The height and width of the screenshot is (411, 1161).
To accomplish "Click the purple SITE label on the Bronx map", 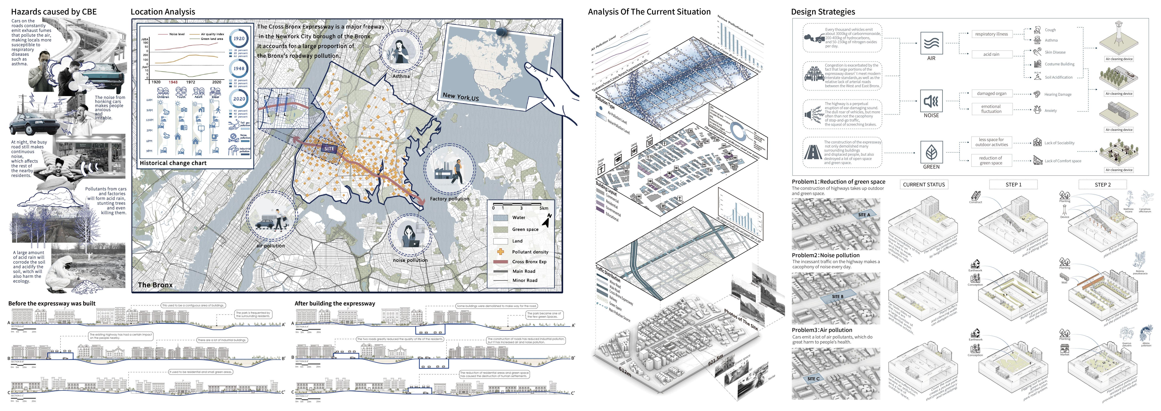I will click(x=329, y=148).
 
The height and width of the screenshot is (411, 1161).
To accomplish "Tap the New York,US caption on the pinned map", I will click(x=461, y=97).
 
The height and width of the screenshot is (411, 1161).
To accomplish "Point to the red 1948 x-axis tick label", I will click(x=173, y=82).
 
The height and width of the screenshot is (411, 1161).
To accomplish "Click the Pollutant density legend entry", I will click(x=530, y=252).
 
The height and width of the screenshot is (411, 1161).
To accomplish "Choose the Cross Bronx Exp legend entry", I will click(x=529, y=262).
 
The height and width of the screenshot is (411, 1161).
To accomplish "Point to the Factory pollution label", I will click(x=449, y=198).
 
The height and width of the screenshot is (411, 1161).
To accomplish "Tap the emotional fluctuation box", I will click(x=991, y=109).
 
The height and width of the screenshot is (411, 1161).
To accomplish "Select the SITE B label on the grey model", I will click(x=837, y=296).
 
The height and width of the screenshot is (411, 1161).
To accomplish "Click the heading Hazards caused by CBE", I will click(x=54, y=12).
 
